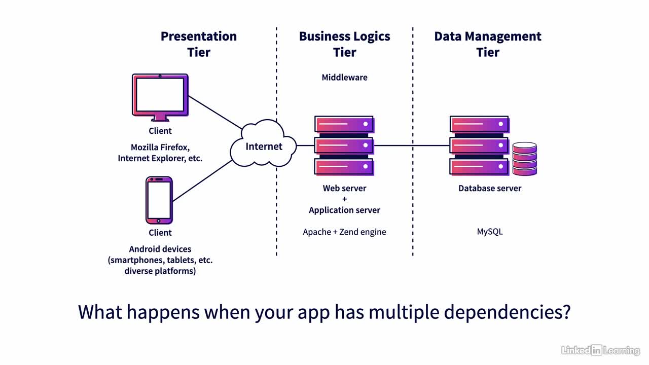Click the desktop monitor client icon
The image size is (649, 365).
(x=160, y=97)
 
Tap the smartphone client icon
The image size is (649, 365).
(x=159, y=200)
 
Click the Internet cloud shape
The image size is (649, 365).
(x=263, y=143)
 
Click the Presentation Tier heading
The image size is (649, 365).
(x=199, y=44)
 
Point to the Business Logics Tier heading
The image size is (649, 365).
(x=344, y=44)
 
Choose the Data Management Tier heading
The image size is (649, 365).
(x=488, y=44)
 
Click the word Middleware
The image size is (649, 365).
(x=344, y=78)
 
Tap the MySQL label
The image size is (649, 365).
(x=490, y=232)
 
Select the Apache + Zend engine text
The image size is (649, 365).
(x=344, y=232)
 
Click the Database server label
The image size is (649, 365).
(x=490, y=188)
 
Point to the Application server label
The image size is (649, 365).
(x=344, y=210)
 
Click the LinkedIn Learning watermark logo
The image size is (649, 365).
(x=600, y=350)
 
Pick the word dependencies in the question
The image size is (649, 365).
(x=507, y=312)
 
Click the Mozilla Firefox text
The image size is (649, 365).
(x=160, y=148)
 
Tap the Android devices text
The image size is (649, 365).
(x=160, y=249)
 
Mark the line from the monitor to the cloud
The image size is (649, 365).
(x=215, y=113)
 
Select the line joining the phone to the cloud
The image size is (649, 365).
(x=202, y=181)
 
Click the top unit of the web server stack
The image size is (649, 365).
(x=344, y=125)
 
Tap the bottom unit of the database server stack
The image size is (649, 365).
(x=479, y=167)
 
